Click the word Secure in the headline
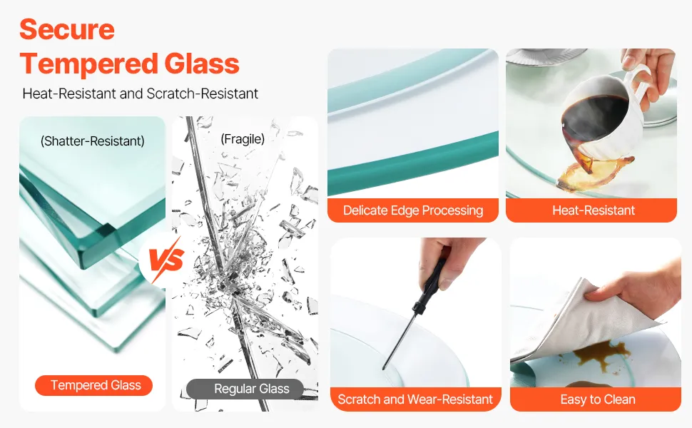point(67,29)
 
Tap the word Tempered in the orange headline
point(88,63)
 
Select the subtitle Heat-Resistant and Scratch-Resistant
point(141,93)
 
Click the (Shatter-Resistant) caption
point(92,141)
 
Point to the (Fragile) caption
point(243,139)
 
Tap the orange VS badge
point(165,260)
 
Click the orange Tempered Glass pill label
point(94,385)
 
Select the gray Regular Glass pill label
point(245,389)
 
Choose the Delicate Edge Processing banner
point(413,210)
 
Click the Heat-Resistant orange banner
point(591,210)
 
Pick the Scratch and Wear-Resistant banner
point(415,399)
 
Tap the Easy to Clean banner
point(596,399)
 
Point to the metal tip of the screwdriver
point(385,367)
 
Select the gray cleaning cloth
point(583,322)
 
